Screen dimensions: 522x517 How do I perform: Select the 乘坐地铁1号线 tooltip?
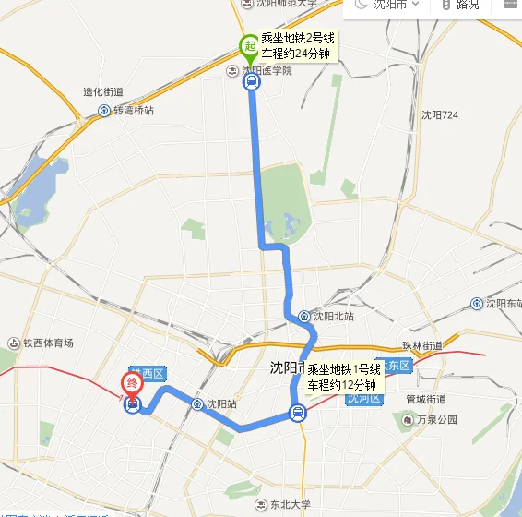click(x=341, y=377)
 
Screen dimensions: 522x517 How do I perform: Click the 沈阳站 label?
click(x=220, y=403)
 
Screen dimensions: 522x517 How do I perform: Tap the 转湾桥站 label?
click(x=133, y=111)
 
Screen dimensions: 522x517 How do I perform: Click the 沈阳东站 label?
click(x=501, y=304)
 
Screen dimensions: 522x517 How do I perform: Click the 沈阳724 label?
click(x=440, y=115)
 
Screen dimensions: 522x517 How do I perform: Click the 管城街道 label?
click(x=426, y=399)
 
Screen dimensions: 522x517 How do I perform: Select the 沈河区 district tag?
click(x=362, y=400)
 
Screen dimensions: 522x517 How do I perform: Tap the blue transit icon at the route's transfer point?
click(x=297, y=413)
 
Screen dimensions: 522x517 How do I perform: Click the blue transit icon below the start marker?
click(x=251, y=81)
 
